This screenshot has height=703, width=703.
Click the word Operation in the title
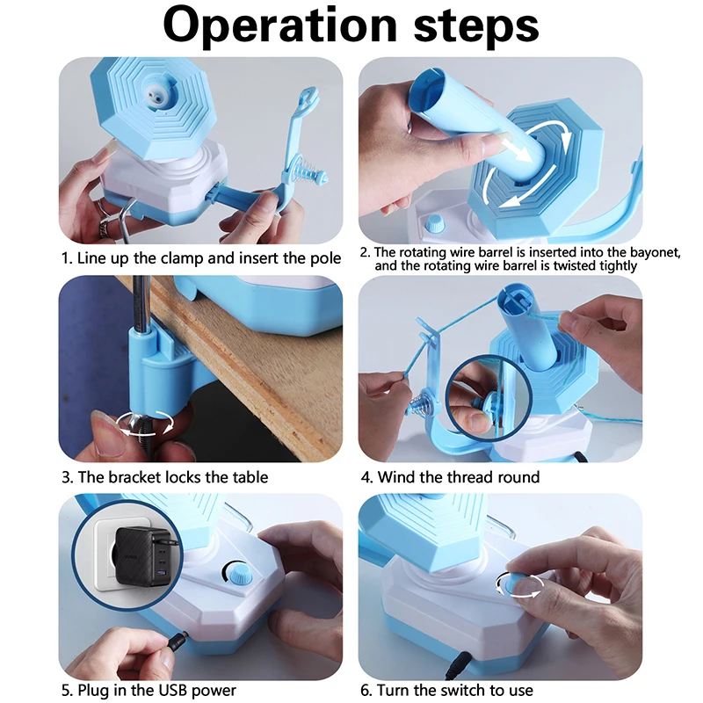click(280, 25)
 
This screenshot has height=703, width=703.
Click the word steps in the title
click(476, 26)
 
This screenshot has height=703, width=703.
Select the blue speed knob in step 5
click(238, 575)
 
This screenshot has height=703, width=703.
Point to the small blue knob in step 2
click(434, 223)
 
